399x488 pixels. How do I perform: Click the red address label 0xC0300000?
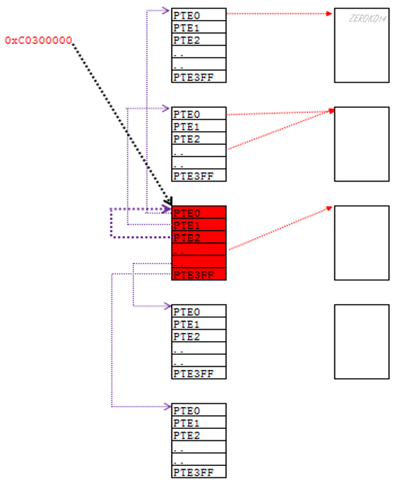(38, 40)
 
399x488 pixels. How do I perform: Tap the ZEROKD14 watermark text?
(368, 19)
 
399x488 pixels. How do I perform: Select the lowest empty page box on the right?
(361, 342)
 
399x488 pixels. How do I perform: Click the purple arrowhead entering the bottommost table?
(168, 407)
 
